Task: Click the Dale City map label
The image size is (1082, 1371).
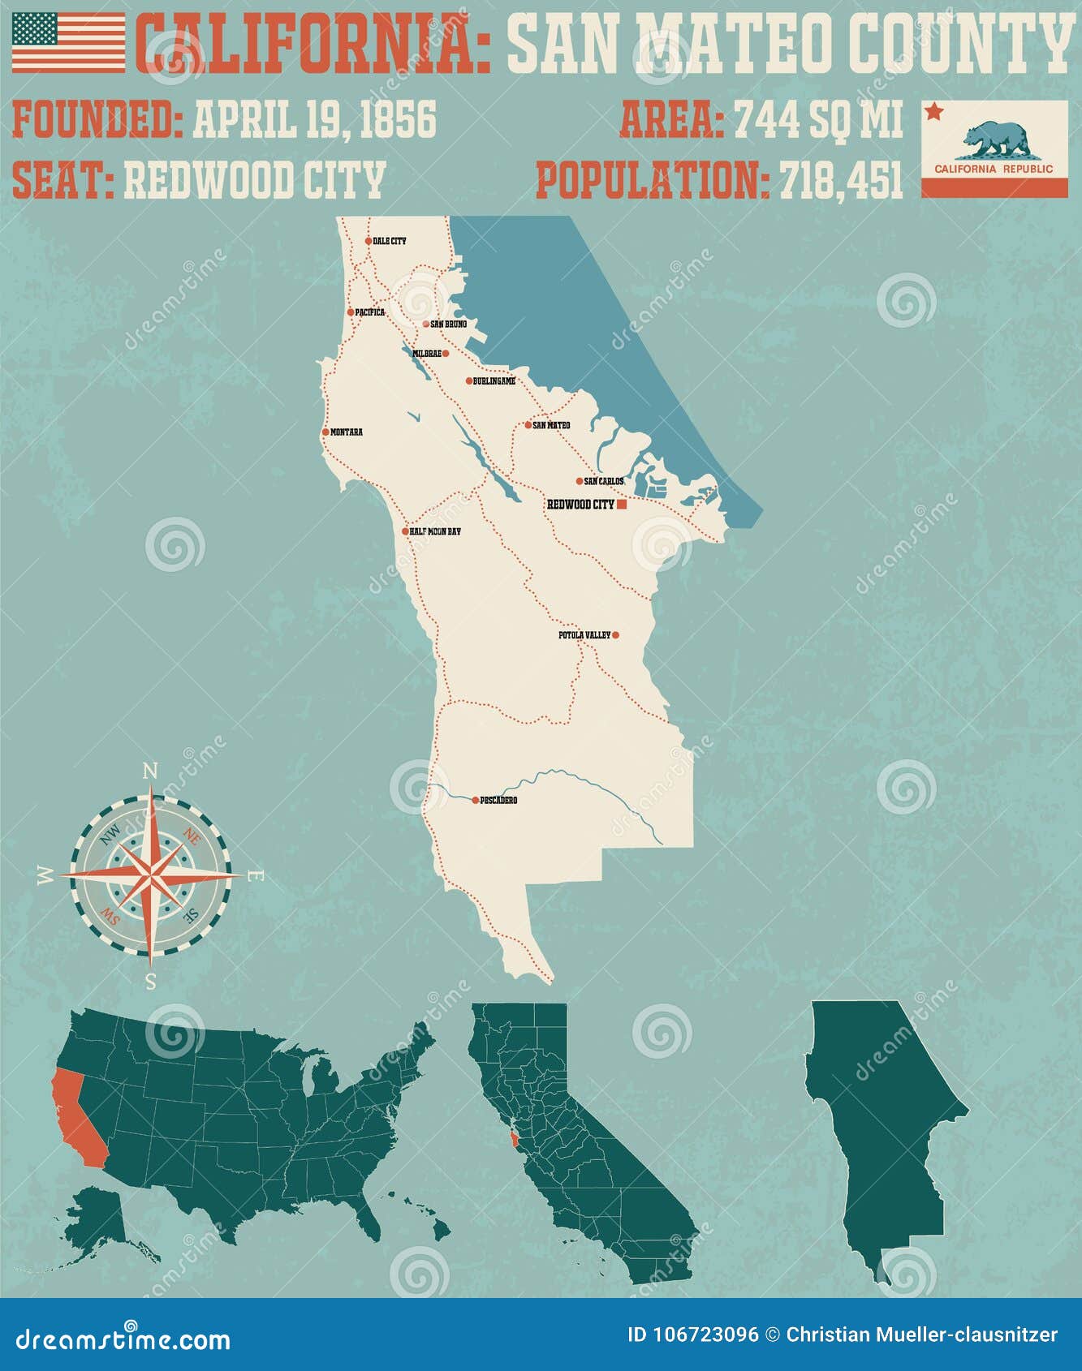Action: pyautogui.click(x=390, y=241)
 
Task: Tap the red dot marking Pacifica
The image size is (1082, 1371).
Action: pyautogui.click(x=351, y=312)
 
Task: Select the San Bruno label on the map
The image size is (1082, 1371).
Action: pyautogui.click(x=449, y=324)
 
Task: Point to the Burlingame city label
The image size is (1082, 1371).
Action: pyautogui.click(x=494, y=381)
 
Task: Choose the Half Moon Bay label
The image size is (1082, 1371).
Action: pyautogui.click(x=435, y=531)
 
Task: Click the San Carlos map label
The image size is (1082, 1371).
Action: pyautogui.click(x=605, y=481)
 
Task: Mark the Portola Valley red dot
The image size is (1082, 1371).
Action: pyautogui.click(x=615, y=635)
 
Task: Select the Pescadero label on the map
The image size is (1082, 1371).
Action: pyautogui.click(x=499, y=801)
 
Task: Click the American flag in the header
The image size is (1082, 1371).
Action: pyautogui.click(x=69, y=42)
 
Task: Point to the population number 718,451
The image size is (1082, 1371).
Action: pyautogui.click(x=842, y=180)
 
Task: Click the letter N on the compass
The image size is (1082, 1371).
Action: pyautogui.click(x=149, y=771)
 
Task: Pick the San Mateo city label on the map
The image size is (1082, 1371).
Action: pyautogui.click(x=552, y=425)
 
